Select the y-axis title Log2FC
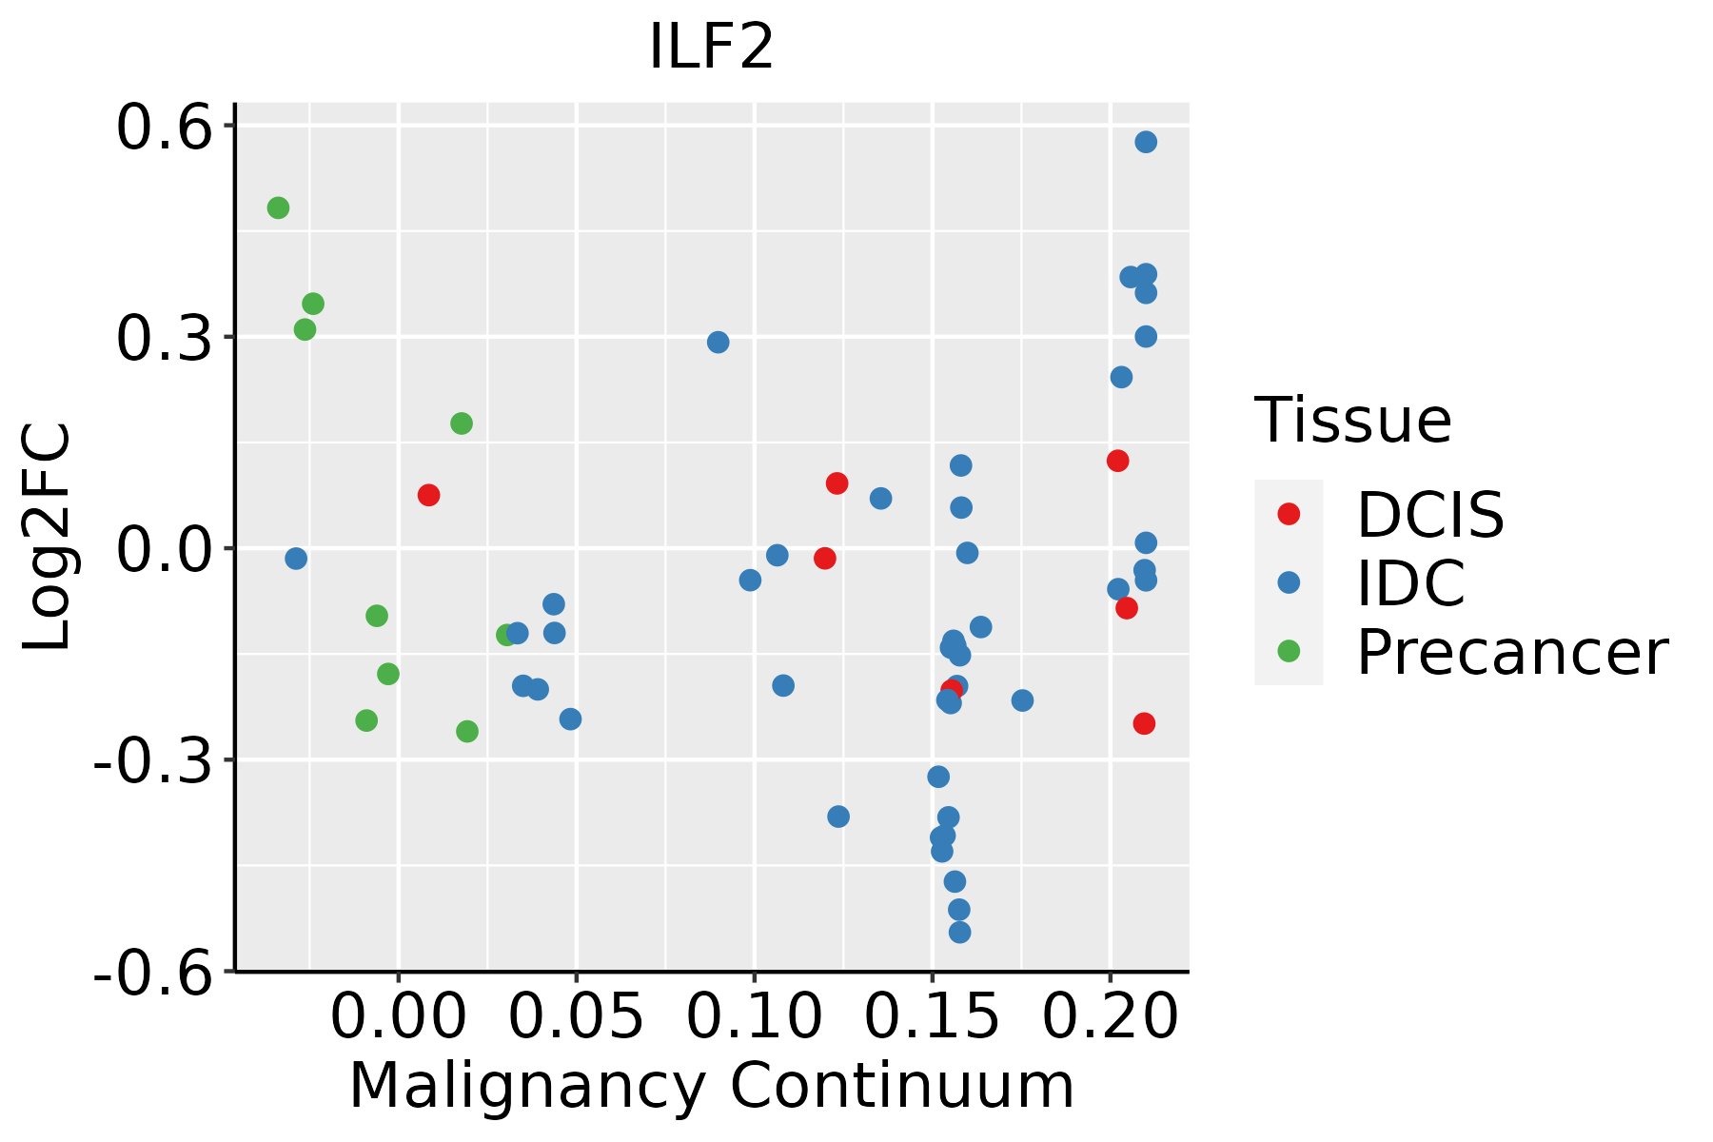point(48,537)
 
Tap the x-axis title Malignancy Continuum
point(712,1087)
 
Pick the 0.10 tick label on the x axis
point(754,1016)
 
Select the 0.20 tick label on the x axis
point(1110,1016)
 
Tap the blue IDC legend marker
point(1289,582)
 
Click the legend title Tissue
point(1353,420)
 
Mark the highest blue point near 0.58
point(1146,142)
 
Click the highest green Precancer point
point(278,207)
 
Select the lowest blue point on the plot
point(960,932)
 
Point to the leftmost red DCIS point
point(428,495)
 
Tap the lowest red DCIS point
point(1144,723)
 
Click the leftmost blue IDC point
point(296,558)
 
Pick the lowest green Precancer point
point(467,731)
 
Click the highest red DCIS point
point(1118,461)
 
